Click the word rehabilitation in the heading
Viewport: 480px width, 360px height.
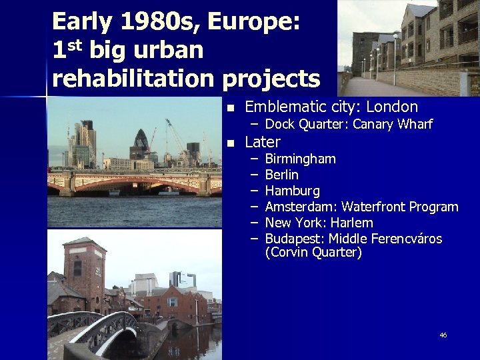tap(134, 78)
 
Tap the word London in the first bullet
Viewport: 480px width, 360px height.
tap(392, 107)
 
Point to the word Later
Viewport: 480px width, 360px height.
tap(263, 142)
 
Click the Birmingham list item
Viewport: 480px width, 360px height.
tap(300, 159)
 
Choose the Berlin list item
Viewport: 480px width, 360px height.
tap(281, 175)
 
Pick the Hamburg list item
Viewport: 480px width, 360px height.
tap(292, 191)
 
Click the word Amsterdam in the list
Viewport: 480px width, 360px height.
tap(300, 207)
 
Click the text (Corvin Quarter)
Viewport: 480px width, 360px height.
tap(313, 253)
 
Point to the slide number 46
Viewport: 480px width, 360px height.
tap(443, 335)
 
